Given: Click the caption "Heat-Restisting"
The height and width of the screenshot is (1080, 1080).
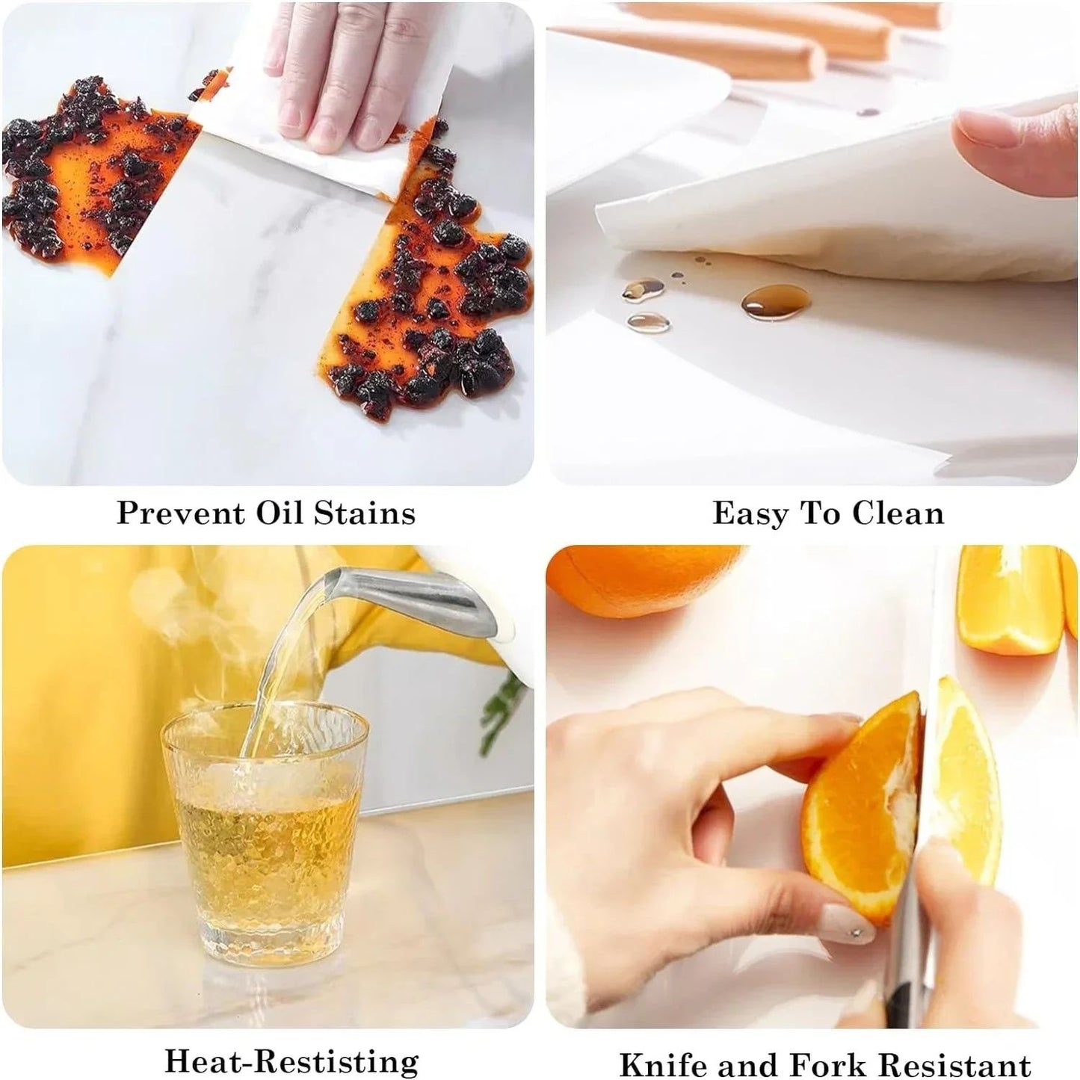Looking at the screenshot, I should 291,1061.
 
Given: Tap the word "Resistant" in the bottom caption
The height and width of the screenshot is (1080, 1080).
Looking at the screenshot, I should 954,1064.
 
